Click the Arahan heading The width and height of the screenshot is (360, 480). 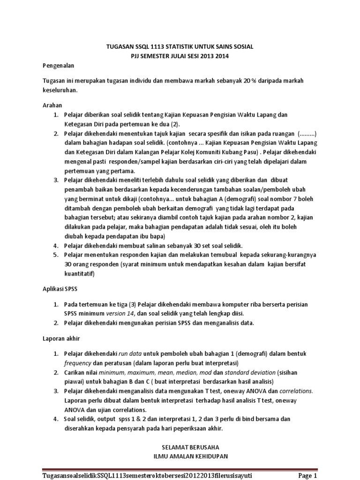[x=52, y=105]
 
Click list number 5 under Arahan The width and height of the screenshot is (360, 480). [x=55, y=255]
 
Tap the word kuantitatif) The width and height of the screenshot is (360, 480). [x=79, y=273]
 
